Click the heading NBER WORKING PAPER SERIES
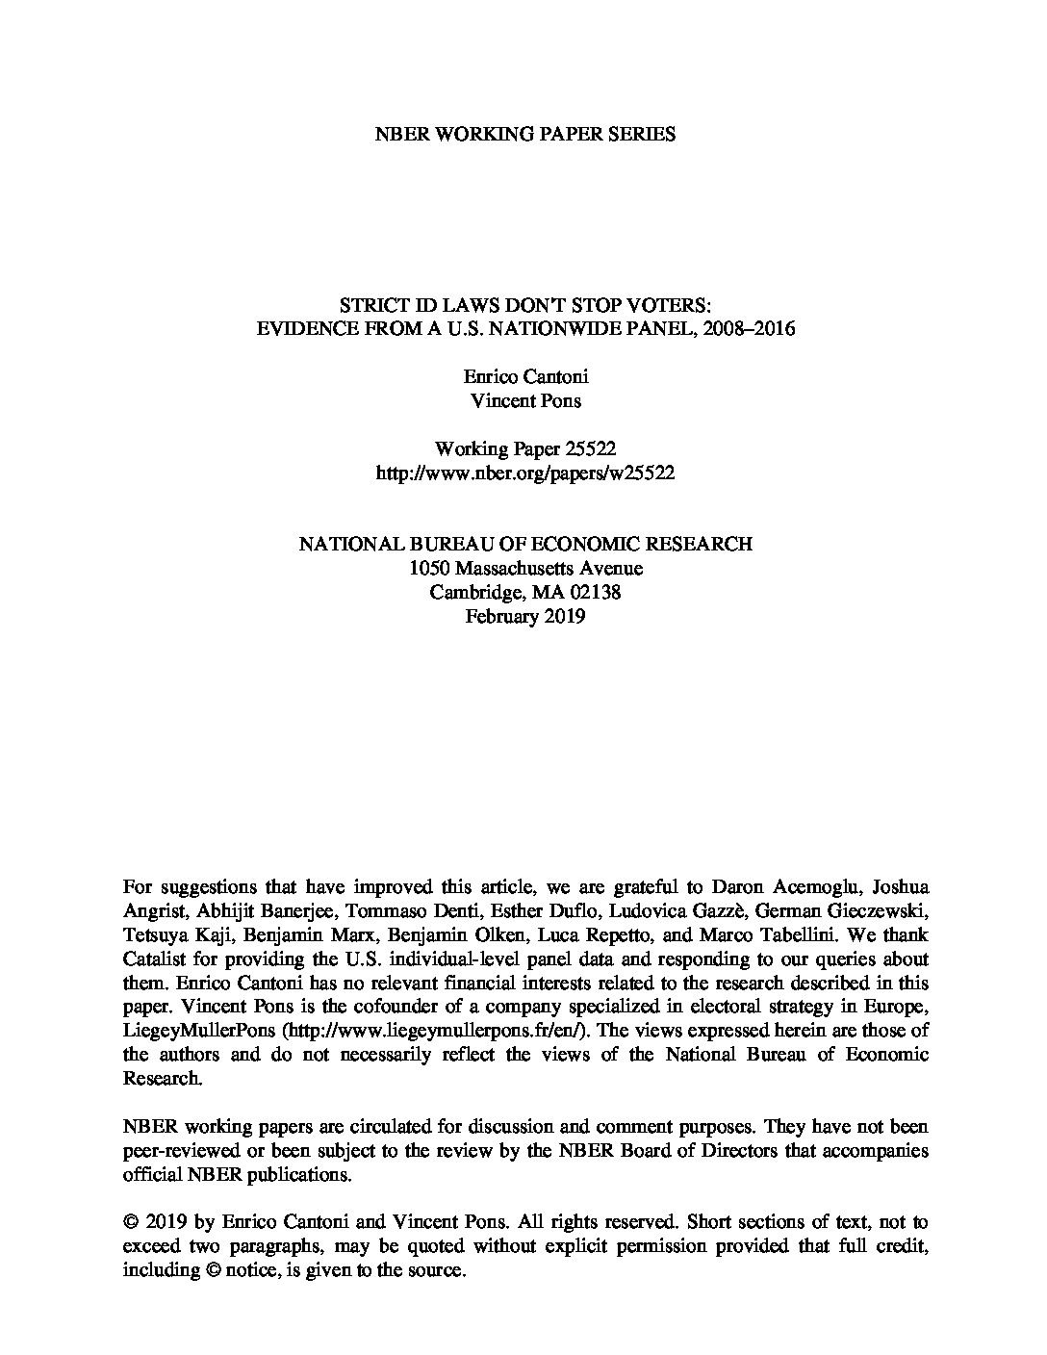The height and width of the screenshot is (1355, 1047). tap(524, 135)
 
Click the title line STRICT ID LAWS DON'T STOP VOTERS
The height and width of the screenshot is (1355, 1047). tap(525, 305)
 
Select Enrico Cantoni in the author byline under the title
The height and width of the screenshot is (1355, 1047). tap(525, 376)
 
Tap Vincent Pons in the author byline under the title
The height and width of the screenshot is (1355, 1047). tap(525, 400)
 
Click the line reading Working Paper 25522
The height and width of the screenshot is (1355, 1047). tap(525, 449)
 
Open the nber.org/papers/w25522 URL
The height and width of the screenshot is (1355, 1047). tap(525, 473)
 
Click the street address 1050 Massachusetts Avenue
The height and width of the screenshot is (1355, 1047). tap(525, 568)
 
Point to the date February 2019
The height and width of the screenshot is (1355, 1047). tap(525, 617)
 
